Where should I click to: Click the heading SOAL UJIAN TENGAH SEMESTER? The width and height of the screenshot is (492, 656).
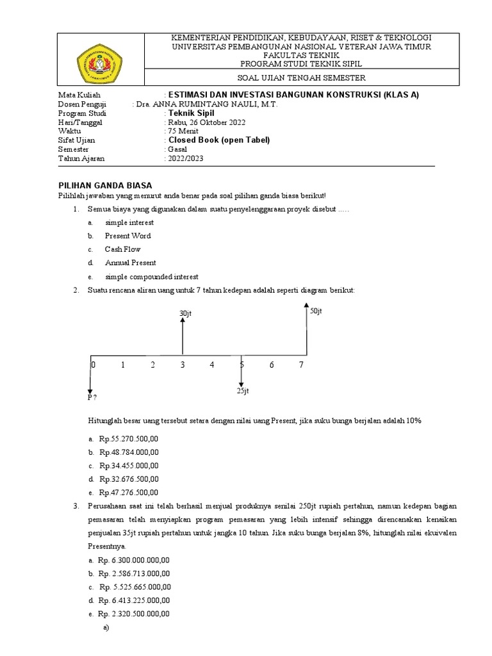coord(300,78)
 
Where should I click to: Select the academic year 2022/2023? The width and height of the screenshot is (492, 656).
coord(186,158)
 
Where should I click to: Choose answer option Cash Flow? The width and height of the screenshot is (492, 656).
coord(122,249)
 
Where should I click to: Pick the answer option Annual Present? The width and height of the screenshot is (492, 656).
coord(130,263)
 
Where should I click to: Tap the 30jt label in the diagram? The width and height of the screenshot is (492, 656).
coord(186,313)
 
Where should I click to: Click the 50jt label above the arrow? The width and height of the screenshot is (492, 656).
coord(316,311)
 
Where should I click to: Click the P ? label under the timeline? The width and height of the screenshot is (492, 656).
coord(92,398)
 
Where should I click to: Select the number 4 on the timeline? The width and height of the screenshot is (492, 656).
coord(211,365)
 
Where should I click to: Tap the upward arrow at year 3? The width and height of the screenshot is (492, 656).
coord(183,336)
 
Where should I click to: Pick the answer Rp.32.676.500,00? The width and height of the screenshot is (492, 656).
coord(128,479)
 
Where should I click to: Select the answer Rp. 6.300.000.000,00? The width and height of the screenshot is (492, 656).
coord(134,560)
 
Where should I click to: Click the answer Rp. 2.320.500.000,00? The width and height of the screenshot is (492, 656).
coord(134,613)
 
